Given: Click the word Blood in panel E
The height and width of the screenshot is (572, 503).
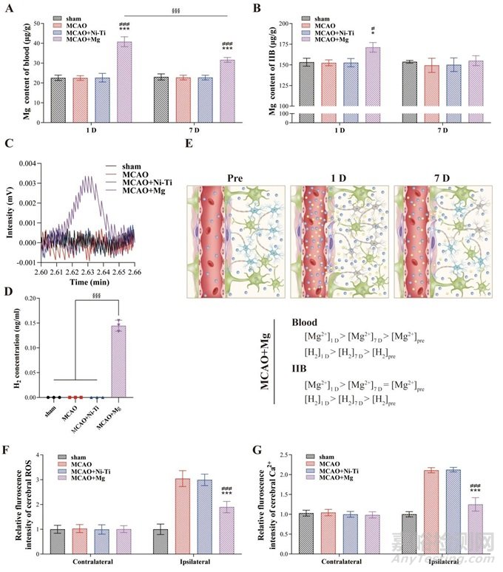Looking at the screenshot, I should click(307, 323).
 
